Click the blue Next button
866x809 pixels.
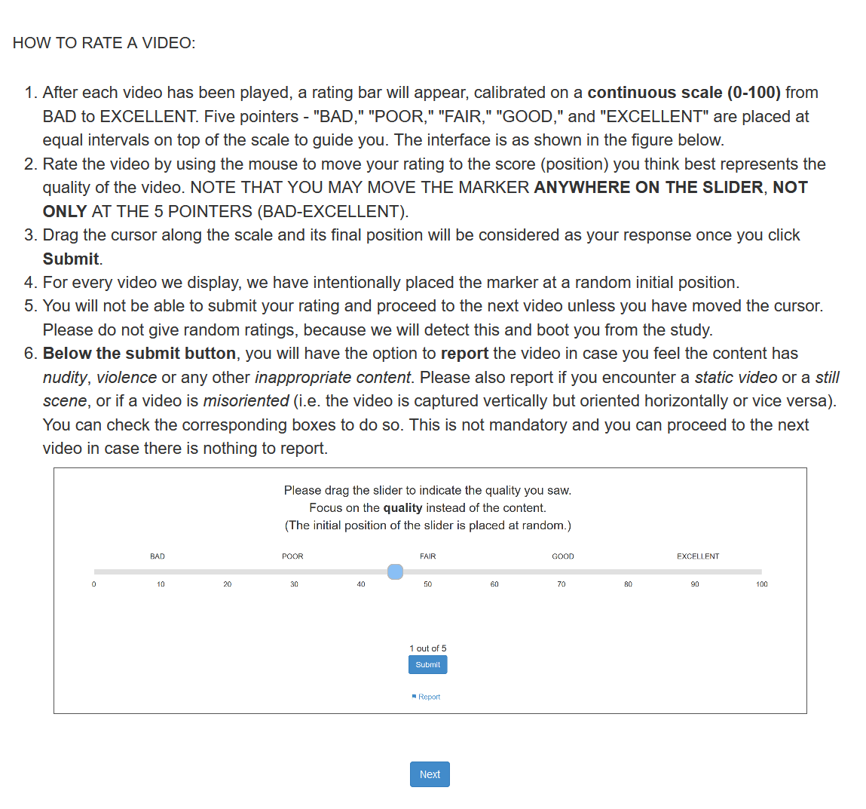click(430, 774)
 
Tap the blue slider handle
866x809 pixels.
click(395, 572)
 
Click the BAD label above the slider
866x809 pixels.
click(158, 556)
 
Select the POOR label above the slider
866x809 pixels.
click(292, 556)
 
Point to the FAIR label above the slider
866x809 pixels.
click(427, 556)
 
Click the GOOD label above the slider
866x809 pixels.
click(563, 556)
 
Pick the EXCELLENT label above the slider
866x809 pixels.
click(698, 556)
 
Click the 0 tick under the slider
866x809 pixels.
click(94, 584)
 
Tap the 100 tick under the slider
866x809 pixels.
click(762, 584)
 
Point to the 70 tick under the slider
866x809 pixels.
click(562, 584)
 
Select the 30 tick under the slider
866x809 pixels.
click(294, 584)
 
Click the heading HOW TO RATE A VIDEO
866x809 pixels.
click(104, 43)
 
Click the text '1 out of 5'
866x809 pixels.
click(428, 648)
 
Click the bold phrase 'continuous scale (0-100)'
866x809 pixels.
click(684, 93)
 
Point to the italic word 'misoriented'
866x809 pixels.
click(246, 401)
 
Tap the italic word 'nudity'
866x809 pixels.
click(65, 378)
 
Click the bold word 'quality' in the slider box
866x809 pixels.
click(402, 508)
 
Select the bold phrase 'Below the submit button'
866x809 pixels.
click(139, 354)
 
